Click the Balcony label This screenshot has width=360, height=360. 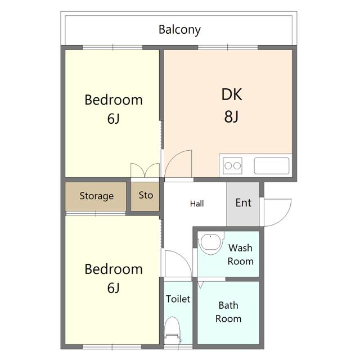click(x=179, y=30)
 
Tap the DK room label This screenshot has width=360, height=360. click(x=232, y=94)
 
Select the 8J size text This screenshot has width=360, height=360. click(x=231, y=116)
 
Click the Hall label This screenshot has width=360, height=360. click(x=197, y=204)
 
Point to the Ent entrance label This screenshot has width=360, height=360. click(x=244, y=202)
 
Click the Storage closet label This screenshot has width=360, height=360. click(x=96, y=196)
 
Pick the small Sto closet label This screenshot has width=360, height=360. click(x=146, y=195)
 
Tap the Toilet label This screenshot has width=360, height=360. click(x=178, y=299)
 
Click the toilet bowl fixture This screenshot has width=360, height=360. click(x=173, y=330)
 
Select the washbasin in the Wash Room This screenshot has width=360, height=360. click(x=211, y=244)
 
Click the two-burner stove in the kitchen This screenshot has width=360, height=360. click(x=232, y=165)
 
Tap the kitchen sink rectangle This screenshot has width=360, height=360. click(x=271, y=165)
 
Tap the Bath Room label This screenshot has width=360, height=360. click(x=228, y=312)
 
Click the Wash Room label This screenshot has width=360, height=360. click(x=240, y=255)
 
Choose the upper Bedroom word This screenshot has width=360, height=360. click(x=114, y=100)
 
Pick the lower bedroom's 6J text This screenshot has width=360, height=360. click(x=114, y=287)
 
